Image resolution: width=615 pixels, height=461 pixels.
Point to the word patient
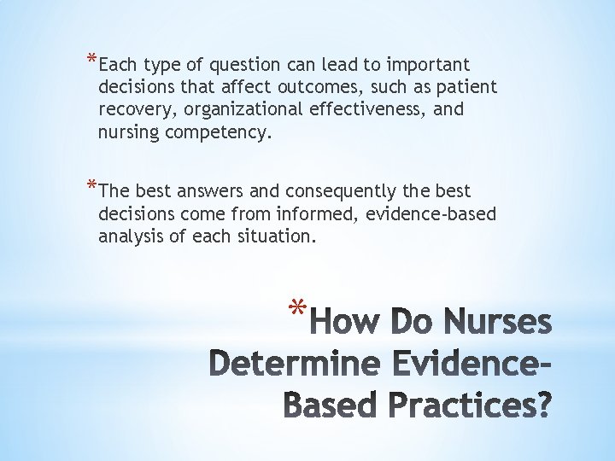(x=468, y=88)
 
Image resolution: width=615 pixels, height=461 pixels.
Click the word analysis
(x=132, y=236)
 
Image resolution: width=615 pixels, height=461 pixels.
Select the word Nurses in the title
(x=499, y=324)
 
